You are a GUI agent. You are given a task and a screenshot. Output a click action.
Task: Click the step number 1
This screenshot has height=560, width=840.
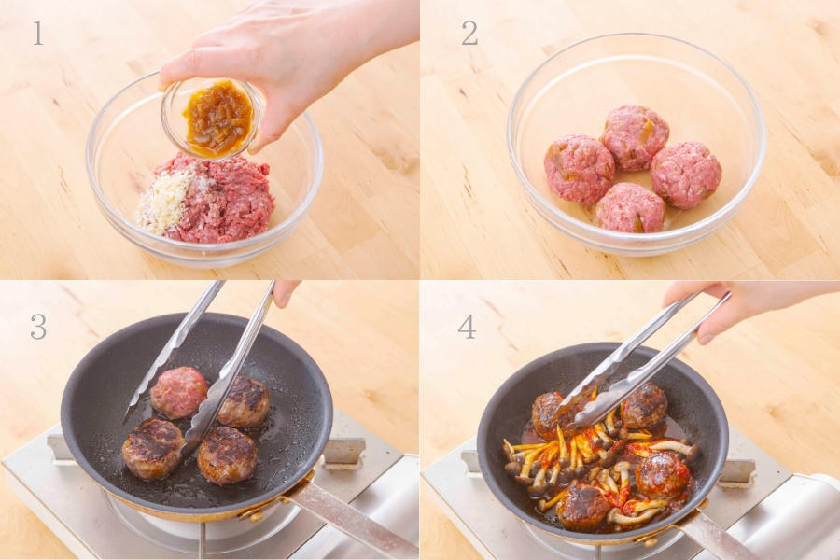[37, 34]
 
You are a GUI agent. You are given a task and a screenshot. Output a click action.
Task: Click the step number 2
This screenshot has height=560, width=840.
[469, 34]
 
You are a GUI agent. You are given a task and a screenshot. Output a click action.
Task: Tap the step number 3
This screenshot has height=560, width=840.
[38, 327]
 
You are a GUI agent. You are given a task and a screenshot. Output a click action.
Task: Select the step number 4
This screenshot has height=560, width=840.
[467, 327]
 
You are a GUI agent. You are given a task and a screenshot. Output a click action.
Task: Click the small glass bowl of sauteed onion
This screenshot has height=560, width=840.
[213, 119]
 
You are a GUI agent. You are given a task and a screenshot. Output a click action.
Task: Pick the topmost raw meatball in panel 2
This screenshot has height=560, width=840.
[635, 138]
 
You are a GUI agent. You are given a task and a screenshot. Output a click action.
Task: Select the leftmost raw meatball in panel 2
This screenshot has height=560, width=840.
[579, 169]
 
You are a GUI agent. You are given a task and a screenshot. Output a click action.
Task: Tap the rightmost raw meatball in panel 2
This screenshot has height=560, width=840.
[686, 175]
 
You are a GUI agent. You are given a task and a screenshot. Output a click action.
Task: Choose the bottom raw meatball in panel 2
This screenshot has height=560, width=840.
[631, 208]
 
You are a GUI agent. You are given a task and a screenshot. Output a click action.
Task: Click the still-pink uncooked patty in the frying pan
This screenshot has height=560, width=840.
[178, 393]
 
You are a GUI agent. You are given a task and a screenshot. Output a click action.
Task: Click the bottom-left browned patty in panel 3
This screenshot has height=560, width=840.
[154, 449]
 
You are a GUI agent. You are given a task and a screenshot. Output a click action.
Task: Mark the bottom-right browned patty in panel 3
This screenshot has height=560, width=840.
[227, 455]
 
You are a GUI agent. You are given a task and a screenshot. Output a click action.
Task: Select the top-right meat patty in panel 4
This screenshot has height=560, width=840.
[644, 405]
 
